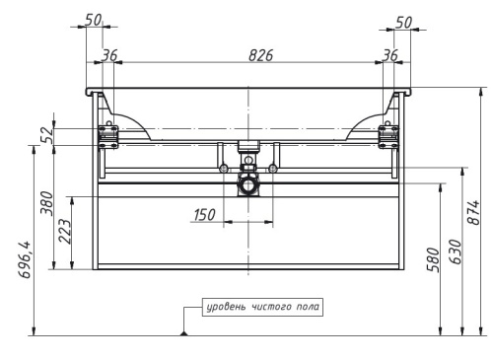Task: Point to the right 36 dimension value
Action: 389,56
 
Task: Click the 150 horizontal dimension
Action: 204,214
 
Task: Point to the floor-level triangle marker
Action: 183,333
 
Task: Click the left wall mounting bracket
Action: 107,136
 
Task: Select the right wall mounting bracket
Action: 389,136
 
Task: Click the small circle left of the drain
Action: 226,166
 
